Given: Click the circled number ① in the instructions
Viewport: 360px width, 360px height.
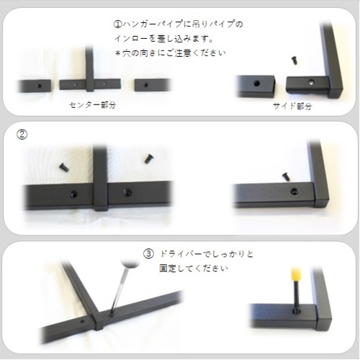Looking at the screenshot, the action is click(118, 24).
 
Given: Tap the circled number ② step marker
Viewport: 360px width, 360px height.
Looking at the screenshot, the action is click(22, 135).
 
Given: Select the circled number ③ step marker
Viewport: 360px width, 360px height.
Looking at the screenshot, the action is click(148, 254).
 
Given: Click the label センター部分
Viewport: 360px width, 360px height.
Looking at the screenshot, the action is click(93, 105).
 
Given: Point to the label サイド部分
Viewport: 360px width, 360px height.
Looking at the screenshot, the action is click(292, 106).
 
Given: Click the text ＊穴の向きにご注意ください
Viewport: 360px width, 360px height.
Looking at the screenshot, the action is click(171, 53).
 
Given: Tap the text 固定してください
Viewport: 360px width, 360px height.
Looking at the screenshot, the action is click(194, 269).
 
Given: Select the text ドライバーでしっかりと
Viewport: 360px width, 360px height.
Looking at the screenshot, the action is click(207, 254).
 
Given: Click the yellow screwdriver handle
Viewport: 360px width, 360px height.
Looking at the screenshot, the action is click(295, 275).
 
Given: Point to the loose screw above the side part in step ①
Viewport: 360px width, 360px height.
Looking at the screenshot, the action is click(294, 60).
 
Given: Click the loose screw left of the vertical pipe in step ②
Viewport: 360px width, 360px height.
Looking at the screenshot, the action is click(63, 167).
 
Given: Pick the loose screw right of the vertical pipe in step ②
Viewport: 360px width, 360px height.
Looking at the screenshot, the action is click(149, 158).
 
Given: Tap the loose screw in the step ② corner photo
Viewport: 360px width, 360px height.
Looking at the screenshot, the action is click(286, 177).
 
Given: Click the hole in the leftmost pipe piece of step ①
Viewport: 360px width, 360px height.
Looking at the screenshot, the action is click(40, 86).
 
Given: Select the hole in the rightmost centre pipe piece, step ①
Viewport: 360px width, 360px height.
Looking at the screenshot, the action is click(145, 85).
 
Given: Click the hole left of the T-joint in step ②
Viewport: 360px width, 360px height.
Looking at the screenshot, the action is click(73, 194).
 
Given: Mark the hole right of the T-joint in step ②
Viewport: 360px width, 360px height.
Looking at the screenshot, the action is click(127, 192).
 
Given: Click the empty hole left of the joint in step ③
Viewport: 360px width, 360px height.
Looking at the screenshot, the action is click(82, 321).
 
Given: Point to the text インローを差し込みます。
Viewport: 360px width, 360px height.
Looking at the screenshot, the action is click(164, 39).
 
